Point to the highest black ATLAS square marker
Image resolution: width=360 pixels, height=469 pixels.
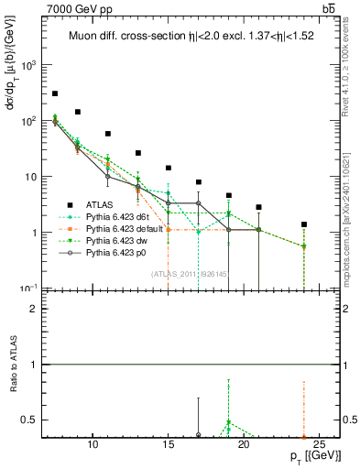pyautogui.click(x=55, y=93)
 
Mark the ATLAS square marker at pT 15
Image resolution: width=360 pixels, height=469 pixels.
pyautogui.click(x=169, y=168)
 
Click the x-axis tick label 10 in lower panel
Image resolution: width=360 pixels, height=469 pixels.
pyautogui.click(x=93, y=446)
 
